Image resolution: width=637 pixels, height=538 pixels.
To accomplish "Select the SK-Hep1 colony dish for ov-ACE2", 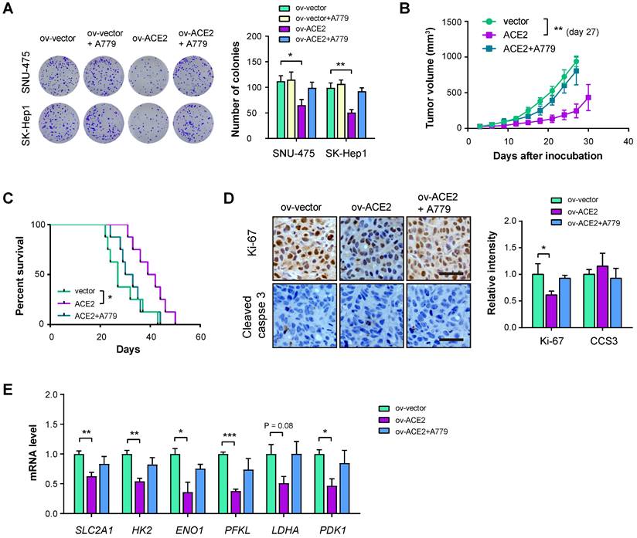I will (x=147, y=123).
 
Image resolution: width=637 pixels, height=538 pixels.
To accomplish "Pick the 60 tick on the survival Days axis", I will (x=200, y=337).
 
